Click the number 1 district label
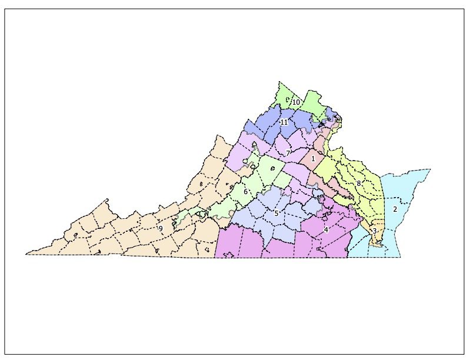[313, 159]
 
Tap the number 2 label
[395, 209]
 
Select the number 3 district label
[374, 231]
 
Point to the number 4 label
[325, 229]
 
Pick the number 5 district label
[276, 213]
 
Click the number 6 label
[245, 191]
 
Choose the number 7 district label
[287, 153]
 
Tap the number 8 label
[358, 184]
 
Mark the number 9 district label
[160, 228]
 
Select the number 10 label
[297, 102]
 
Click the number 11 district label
[284, 122]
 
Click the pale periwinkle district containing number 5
[265, 218]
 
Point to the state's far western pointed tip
[26, 254]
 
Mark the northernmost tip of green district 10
[279, 82]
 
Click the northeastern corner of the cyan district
[430, 169]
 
